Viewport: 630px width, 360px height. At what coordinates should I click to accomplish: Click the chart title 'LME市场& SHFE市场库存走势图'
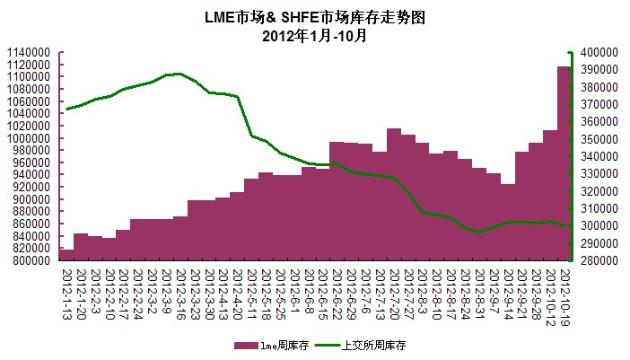pos(314,17)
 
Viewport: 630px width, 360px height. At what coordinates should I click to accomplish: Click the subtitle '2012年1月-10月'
pos(314,36)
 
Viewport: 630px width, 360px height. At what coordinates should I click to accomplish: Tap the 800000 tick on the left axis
pos(31,260)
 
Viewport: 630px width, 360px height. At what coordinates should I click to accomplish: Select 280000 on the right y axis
pos(599,260)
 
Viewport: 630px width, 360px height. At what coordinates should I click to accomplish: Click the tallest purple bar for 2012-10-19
pos(564,162)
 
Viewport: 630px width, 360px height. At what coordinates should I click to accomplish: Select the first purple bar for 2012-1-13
pos(66,255)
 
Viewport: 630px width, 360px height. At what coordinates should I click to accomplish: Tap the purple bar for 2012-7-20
pos(394,194)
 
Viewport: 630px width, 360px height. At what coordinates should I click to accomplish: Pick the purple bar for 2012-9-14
pos(508,222)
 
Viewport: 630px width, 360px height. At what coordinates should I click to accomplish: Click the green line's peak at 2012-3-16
pos(179,74)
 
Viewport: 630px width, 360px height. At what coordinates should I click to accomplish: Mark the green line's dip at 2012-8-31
pos(480,232)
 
